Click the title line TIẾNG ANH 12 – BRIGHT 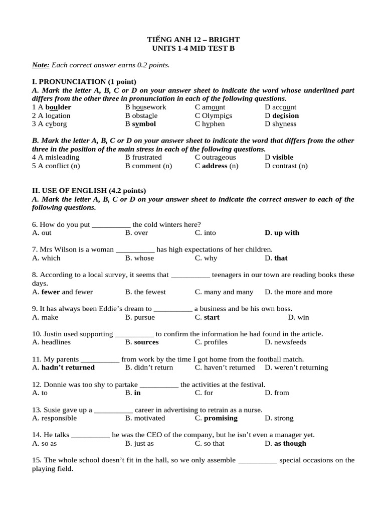(193, 40)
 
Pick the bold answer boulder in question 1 (58, 107)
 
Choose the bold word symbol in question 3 (144, 124)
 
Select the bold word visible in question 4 (283, 158)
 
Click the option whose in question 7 (144, 258)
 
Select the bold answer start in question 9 (212, 317)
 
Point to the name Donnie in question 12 (55, 384)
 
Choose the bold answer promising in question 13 (221, 418)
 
